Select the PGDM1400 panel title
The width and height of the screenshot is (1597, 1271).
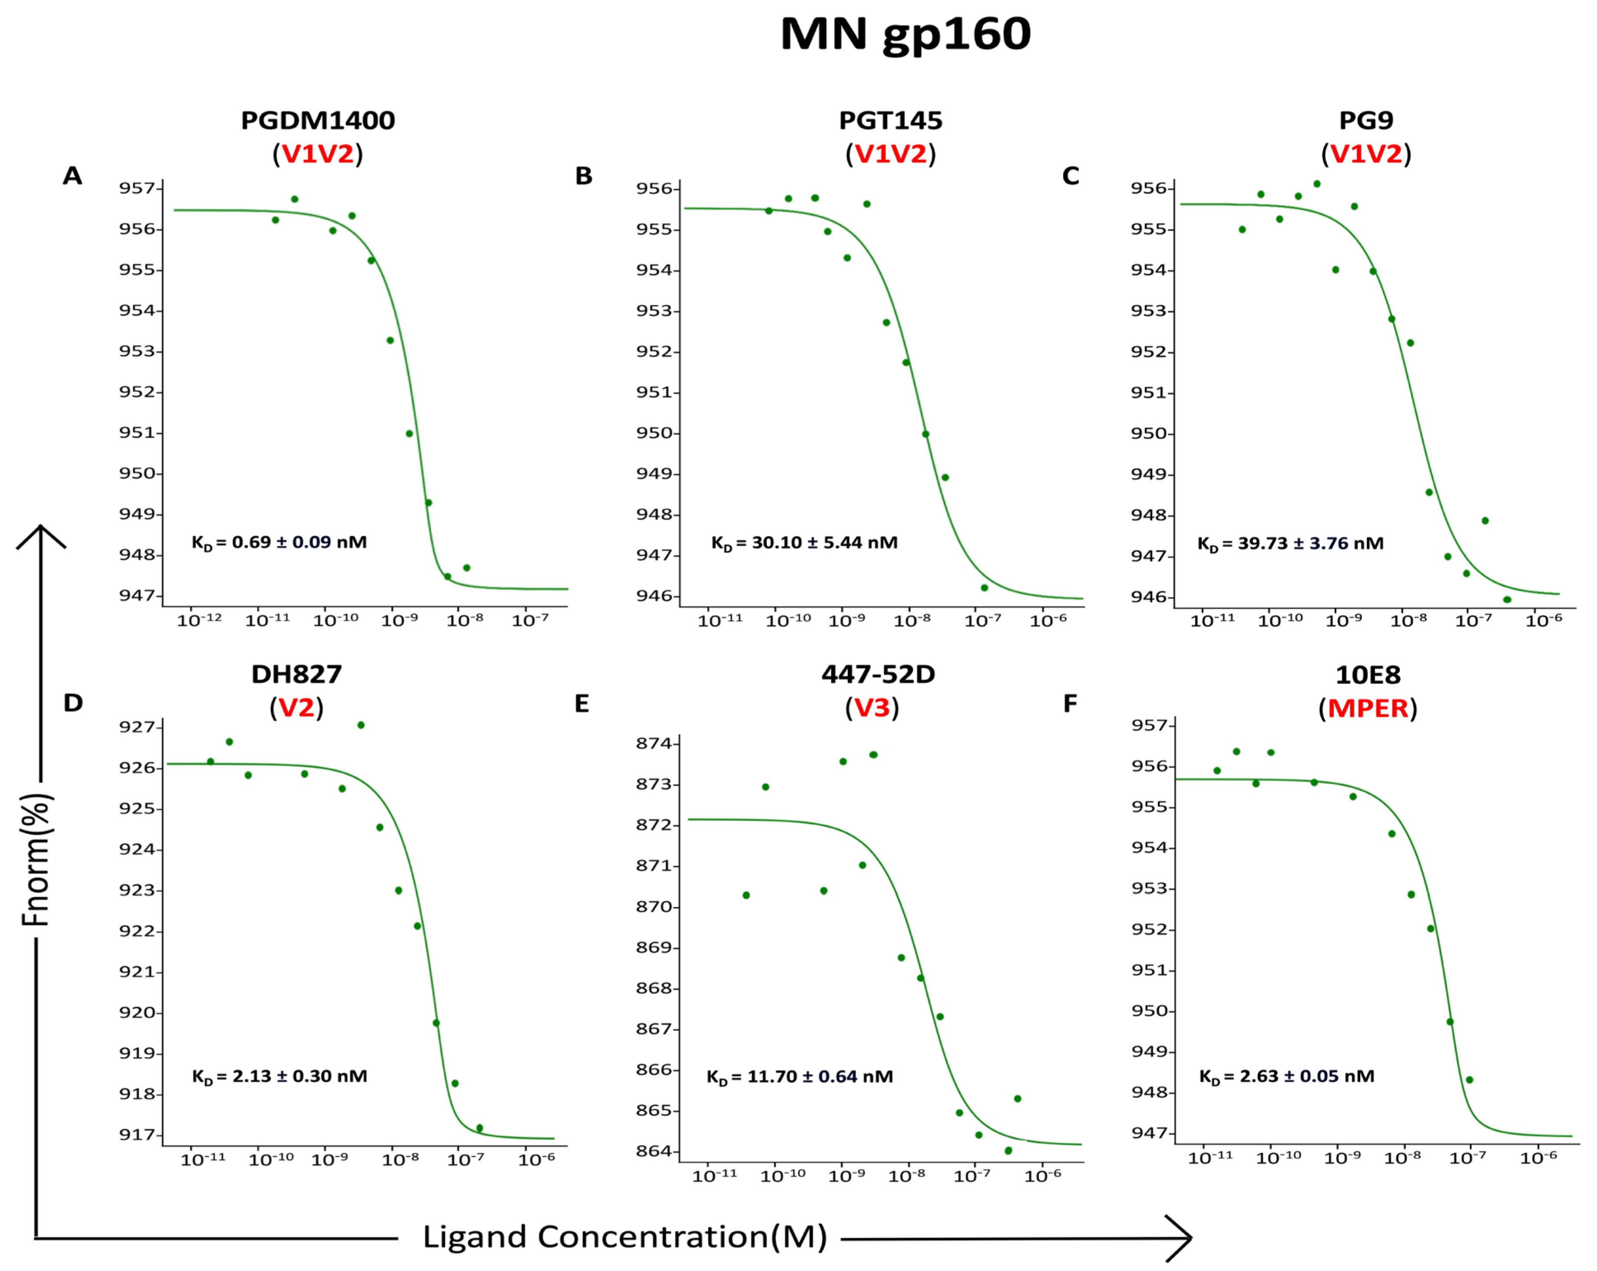(x=318, y=120)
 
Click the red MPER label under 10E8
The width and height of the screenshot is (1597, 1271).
(x=1367, y=708)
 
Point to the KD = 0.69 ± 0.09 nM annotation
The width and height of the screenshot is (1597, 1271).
(x=279, y=542)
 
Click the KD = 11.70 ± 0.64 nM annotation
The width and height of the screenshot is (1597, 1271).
(x=799, y=1077)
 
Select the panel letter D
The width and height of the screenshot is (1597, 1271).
(x=73, y=703)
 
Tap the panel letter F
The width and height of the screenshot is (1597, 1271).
(x=1070, y=703)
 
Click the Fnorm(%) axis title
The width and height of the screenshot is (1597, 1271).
(x=36, y=859)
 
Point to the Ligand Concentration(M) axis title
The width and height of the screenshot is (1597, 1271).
(x=625, y=1237)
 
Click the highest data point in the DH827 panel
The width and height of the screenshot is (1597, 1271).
(x=361, y=725)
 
